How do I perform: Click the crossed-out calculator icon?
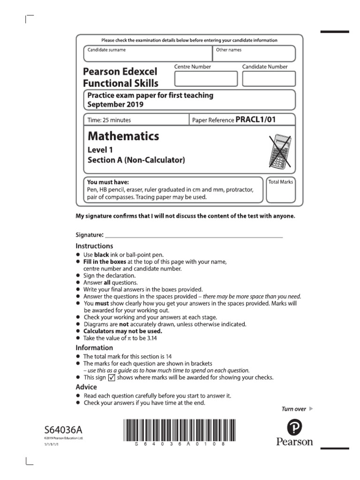pos(280,151)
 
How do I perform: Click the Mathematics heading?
pos(123,136)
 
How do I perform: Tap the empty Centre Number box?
pos(206,79)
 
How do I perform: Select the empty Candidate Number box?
pos(269,79)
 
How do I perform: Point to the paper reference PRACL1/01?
pos(255,120)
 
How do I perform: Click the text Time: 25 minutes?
pos(109,120)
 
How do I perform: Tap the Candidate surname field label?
pos(106,50)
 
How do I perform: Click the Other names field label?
pos(228,50)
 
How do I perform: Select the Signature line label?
pos(90,234)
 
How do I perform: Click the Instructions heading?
pos(94,246)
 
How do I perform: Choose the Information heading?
pos(94,348)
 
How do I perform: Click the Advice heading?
pos(86,387)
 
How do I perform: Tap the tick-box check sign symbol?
pos(112,378)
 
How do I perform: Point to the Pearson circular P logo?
pos(294,427)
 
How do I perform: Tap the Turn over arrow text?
pos(297,409)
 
